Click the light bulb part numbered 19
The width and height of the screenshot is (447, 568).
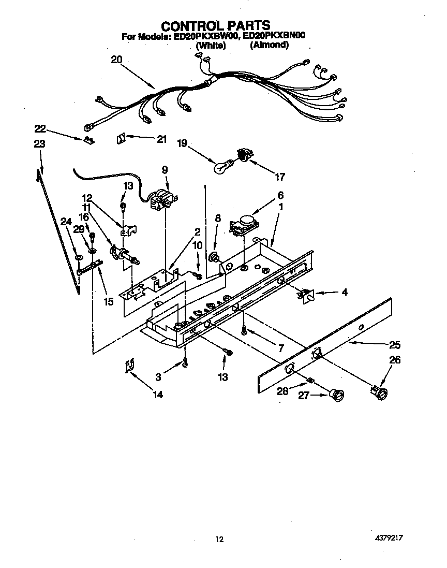point(224,166)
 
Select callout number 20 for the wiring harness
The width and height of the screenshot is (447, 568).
point(116,60)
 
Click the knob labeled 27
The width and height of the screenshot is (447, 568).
point(338,396)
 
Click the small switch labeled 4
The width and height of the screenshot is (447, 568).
point(306,295)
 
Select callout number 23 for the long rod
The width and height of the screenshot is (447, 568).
point(39,144)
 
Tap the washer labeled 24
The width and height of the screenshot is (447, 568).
point(78,257)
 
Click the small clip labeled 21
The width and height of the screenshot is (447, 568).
point(122,139)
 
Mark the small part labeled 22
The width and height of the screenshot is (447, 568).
point(90,140)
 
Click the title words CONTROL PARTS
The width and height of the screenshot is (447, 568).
point(216,25)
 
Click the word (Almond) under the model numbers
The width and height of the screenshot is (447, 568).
point(269,46)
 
